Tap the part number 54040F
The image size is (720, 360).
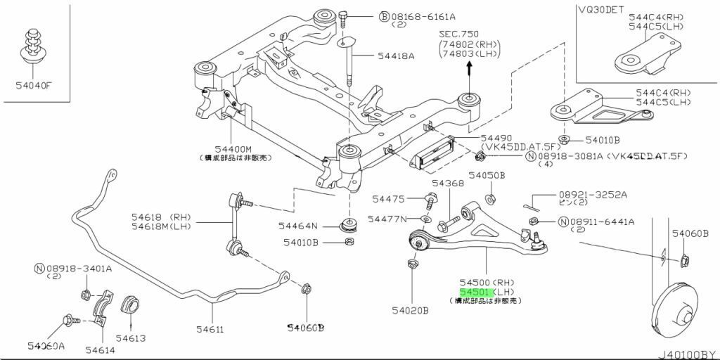(x=34, y=86)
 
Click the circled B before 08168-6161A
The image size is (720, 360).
(x=384, y=16)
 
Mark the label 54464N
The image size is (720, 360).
(x=297, y=226)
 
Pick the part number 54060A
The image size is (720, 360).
(x=46, y=346)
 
